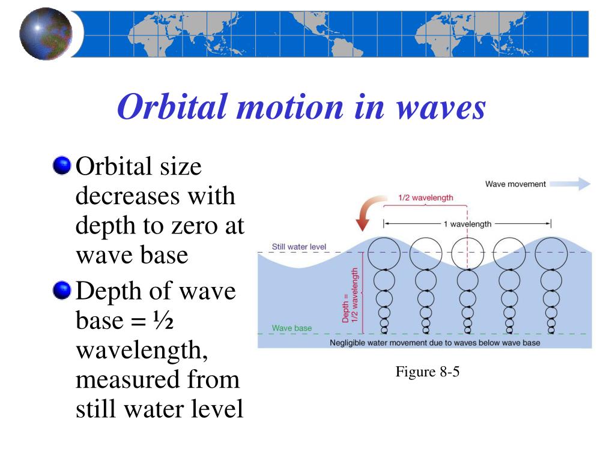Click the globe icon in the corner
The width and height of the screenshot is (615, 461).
[x=46, y=34]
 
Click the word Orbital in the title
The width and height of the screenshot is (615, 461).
[x=172, y=107]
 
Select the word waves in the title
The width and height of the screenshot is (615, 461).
[x=441, y=108]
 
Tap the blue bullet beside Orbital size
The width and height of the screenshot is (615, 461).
[x=62, y=166]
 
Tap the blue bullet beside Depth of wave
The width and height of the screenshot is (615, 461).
[x=62, y=290]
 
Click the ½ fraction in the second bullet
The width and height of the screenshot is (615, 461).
[x=163, y=321]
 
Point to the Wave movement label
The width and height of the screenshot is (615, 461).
[x=515, y=184]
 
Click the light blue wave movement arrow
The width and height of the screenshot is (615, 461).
[x=570, y=184]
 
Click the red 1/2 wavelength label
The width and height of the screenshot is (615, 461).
[x=426, y=197]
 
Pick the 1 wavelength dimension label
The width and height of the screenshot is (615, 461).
[x=467, y=224]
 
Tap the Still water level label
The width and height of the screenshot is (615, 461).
[x=299, y=247]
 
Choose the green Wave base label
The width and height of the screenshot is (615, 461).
[x=292, y=328]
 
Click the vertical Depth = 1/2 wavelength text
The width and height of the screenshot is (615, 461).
[x=350, y=295]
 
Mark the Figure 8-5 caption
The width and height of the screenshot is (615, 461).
[x=428, y=372]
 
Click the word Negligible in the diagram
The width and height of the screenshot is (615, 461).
[x=347, y=343]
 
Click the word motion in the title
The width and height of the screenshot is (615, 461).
[x=290, y=107]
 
